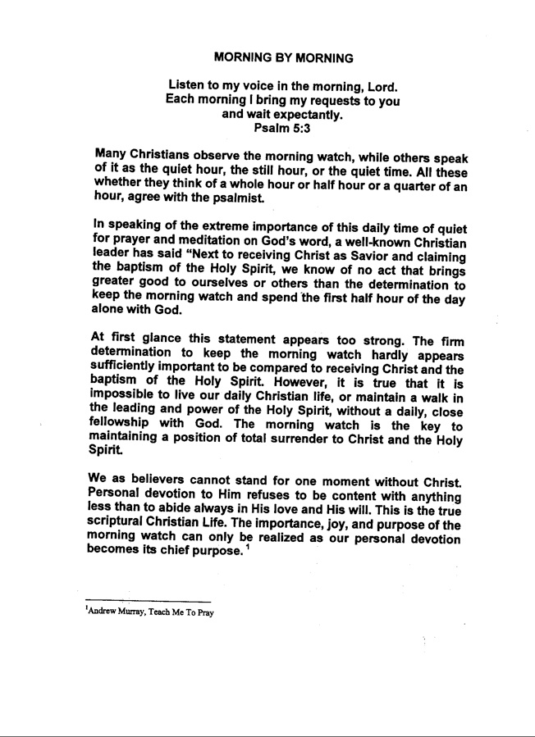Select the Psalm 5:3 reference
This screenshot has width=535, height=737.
(283, 128)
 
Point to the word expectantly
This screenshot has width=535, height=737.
(307, 115)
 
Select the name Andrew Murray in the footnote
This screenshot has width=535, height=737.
(114, 611)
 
